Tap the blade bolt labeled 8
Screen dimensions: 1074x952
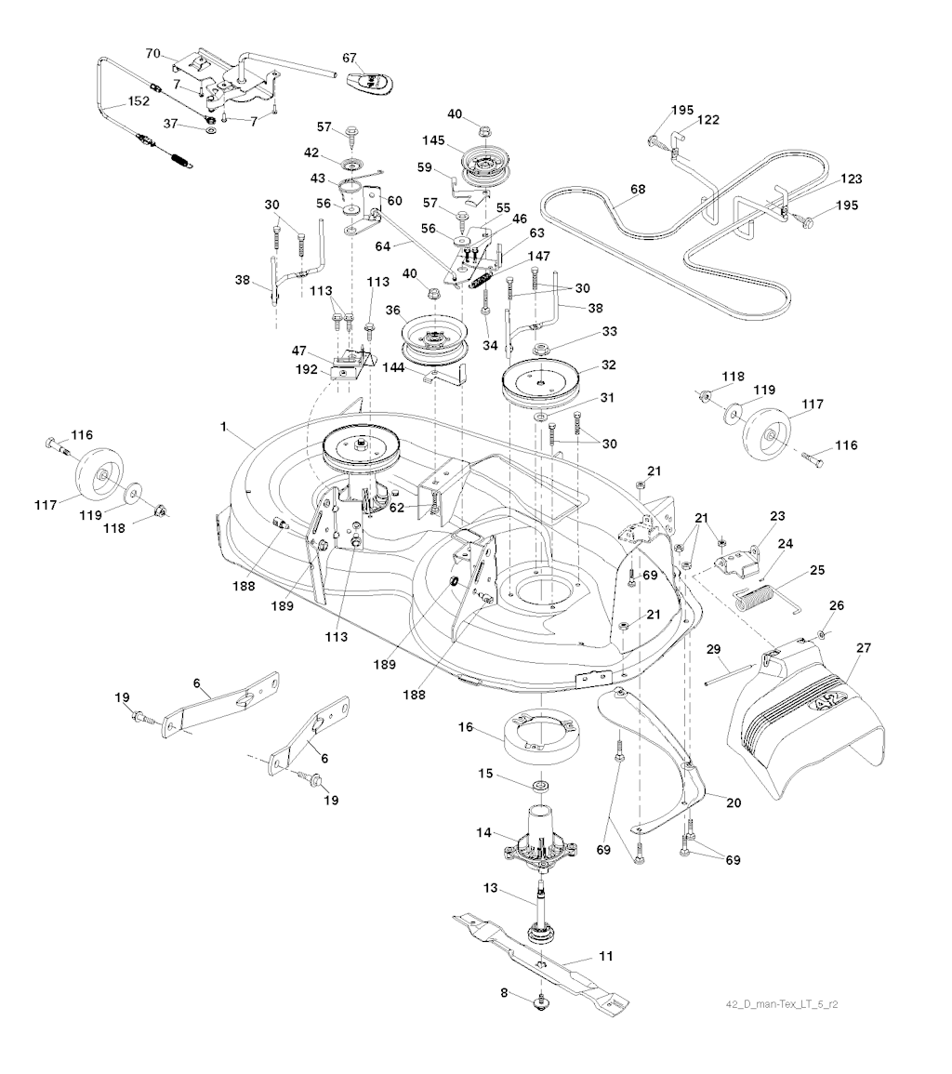pos(540,1003)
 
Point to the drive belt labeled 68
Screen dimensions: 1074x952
pos(595,242)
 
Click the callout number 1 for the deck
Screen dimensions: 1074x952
pos(223,425)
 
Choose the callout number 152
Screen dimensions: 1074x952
pos(138,100)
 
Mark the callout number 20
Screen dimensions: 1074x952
pos(733,802)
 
